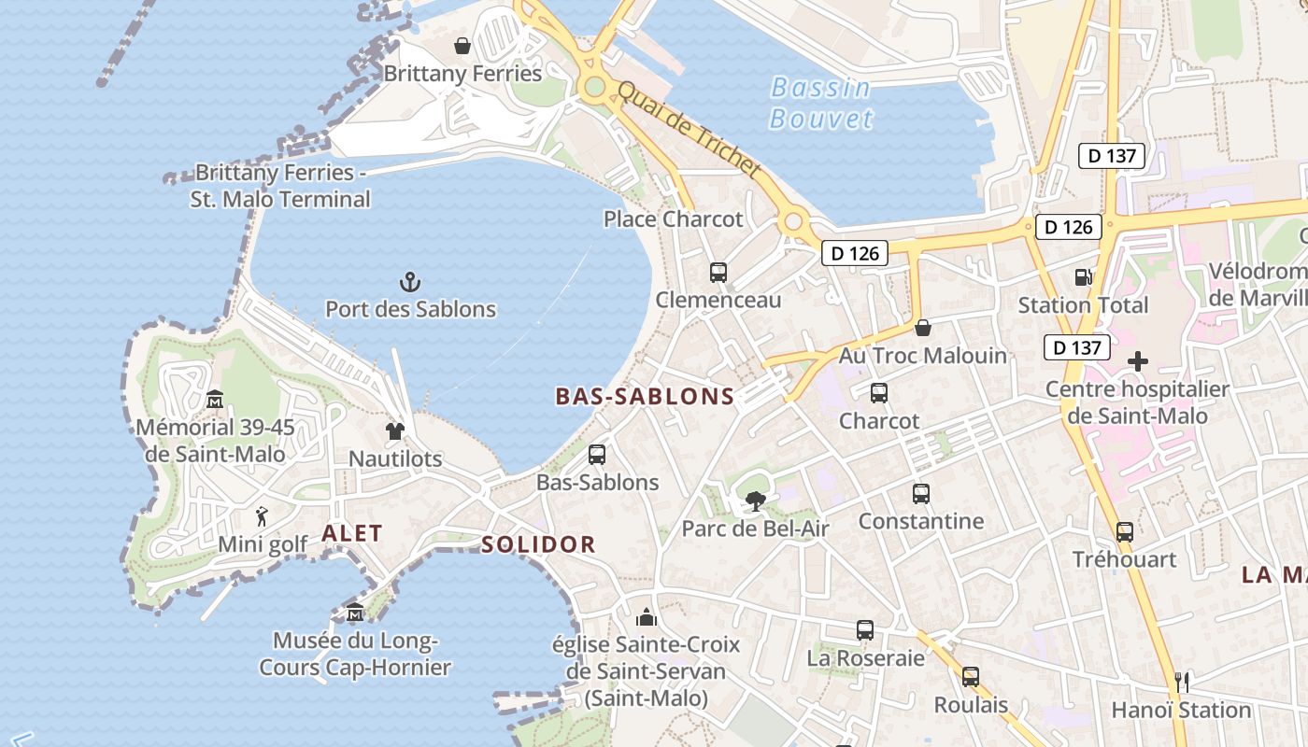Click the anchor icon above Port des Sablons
[409, 281]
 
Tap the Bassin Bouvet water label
[820, 103]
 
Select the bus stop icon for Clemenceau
[718, 273]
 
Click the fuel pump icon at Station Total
[1083, 277]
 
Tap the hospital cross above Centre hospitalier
[1137, 360]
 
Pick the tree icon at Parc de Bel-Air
[755, 501]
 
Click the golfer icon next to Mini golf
[262, 516]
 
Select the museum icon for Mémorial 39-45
[215, 400]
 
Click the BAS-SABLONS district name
[646, 397]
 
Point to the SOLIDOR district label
[538, 544]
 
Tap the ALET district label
[352, 534]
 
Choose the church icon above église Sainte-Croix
[646, 617]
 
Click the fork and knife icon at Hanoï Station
[1181, 682]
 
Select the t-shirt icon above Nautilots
[395, 431]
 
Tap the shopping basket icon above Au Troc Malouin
[923, 328]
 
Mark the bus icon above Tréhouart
[1124, 532]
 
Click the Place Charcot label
[673, 219]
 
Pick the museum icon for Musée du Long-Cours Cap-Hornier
[355, 613]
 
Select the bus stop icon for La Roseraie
[865, 630]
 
